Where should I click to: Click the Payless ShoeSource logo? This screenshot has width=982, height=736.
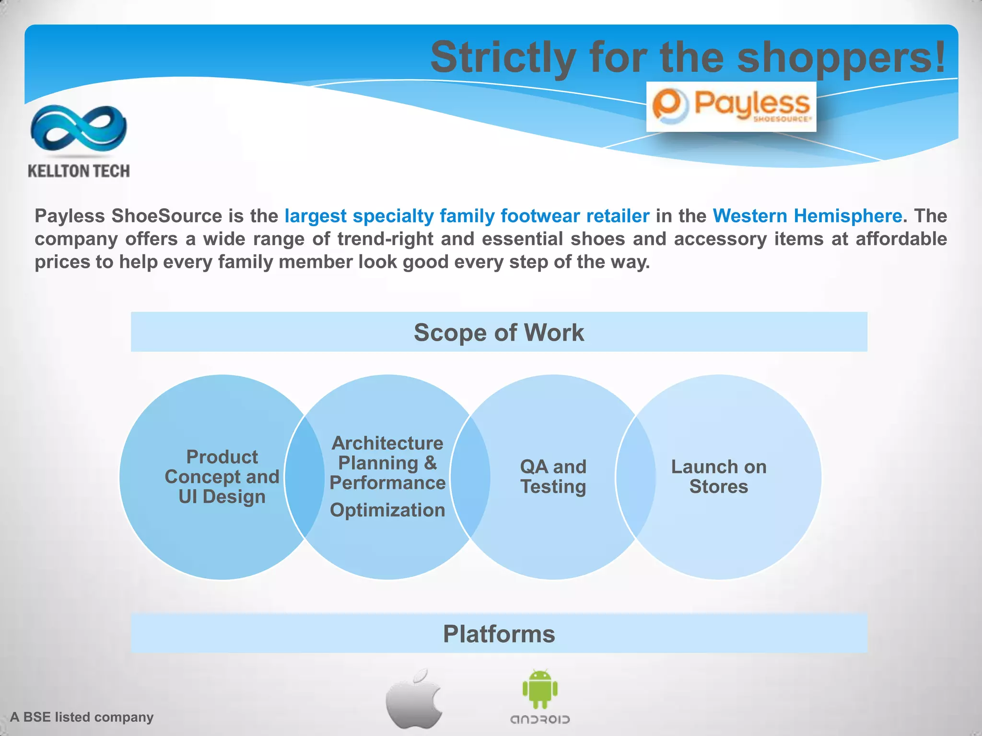[731, 106]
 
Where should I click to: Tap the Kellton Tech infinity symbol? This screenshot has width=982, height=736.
[79, 128]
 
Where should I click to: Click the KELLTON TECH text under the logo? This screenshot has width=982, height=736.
[79, 171]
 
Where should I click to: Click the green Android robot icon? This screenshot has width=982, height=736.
[540, 689]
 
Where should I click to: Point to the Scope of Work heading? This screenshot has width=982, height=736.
[499, 332]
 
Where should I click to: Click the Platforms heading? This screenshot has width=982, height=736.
[499, 633]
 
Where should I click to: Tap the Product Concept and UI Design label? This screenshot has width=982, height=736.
[222, 477]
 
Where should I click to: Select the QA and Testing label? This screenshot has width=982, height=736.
[553, 476]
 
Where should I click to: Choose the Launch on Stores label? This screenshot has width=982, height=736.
[718, 476]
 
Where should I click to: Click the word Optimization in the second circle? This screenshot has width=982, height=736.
[387, 510]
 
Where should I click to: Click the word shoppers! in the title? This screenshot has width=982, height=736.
[842, 57]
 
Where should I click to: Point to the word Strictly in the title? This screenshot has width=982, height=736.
[503, 57]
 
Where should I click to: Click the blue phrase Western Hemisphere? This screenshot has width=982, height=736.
[807, 216]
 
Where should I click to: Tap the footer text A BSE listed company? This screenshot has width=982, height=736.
[82, 717]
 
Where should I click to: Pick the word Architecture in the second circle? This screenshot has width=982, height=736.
[387, 443]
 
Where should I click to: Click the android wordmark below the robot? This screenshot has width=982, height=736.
[540, 720]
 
